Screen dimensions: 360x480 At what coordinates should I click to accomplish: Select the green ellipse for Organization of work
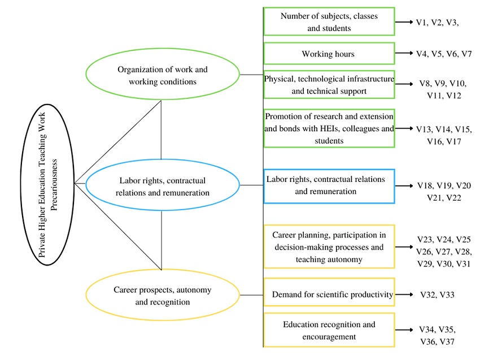pyautogui.click(x=163, y=75)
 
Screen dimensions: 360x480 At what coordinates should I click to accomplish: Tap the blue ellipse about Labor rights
pyautogui.click(x=163, y=185)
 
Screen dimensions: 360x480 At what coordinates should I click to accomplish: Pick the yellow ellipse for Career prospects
pyautogui.click(x=163, y=295)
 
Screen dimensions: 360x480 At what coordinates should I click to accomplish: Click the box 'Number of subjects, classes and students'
pyautogui.click(x=329, y=22)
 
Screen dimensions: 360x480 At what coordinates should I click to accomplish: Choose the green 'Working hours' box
pyautogui.click(x=329, y=54)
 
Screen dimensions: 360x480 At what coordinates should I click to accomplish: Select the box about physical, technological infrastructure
pyautogui.click(x=329, y=84)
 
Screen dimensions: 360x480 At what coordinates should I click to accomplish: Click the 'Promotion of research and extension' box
pyautogui.click(x=329, y=128)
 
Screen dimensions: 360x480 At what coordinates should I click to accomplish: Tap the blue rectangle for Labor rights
pyautogui.click(x=329, y=185)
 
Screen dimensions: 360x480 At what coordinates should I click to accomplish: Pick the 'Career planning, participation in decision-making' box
pyautogui.click(x=329, y=247)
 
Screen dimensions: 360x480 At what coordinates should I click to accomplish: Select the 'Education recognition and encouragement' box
pyautogui.click(x=329, y=331)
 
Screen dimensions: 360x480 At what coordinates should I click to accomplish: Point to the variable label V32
pyautogui.click(x=429, y=294)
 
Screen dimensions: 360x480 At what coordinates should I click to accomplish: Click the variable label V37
pyautogui.click(x=447, y=341)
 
